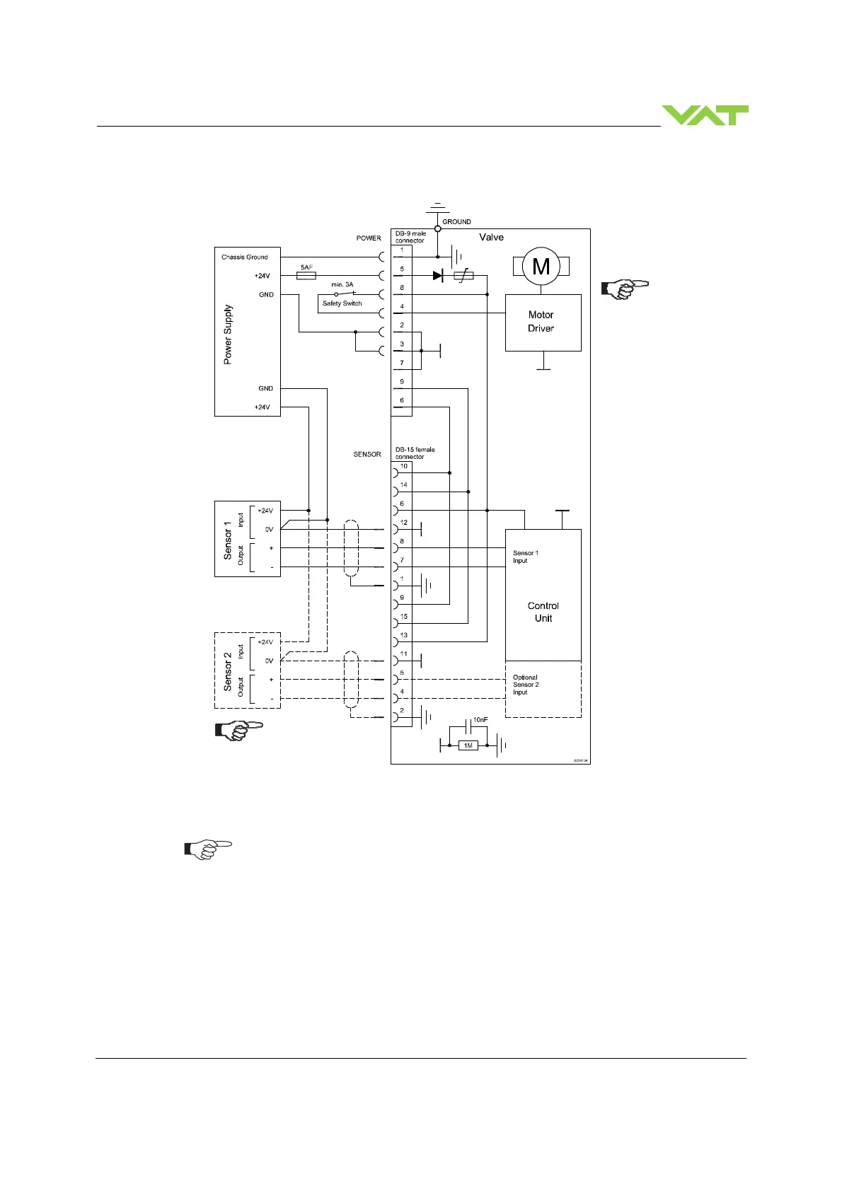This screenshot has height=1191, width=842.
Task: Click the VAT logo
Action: pyautogui.click(x=705, y=115)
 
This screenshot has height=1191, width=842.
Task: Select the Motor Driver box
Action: pyautogui.click(x=543, y=323)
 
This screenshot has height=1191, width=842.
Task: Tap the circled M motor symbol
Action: pyautogui.click(x=541, y=267)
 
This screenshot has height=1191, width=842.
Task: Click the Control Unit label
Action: pyautogui.click(x=543, y=612)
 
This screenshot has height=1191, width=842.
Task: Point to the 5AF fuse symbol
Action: pyautogui.click(x=306, y=276)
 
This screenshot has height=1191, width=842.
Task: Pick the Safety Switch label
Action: pyautogui.click(x=342, y=303)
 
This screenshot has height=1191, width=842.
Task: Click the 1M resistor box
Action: pyautogui.click(x=468, y=745)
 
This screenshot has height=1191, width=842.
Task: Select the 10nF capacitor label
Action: pyautogui.click(x=480, y=720)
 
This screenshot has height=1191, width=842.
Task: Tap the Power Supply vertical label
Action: pyautogui.click(x=228, y=335)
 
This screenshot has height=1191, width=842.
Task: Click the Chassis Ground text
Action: pyautogui.click(x=244, y=257)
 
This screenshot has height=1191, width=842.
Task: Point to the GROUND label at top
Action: pyautogui.click(x=456, y=222)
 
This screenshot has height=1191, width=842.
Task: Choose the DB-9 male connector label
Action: pyautogui.click(x=410, y=237)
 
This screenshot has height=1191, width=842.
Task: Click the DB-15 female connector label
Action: pyautogui.click(x=415, y=453)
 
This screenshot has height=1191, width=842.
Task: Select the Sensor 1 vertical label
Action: pyautogui.click(x=228, y=540)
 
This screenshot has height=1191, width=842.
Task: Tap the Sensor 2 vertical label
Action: pyautogui.click(x=228, y=672)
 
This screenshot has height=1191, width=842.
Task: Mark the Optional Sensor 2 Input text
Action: pyautogui.click(x=526, y=685)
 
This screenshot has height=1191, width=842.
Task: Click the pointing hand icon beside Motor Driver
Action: pyautogui.click(x=624, y=289)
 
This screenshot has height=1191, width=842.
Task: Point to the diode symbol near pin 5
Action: pyautogui.click(x=437, y=276)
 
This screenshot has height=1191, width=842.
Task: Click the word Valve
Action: pyautogui.click(x=491, y=238)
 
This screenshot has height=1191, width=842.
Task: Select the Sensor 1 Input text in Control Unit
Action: pyautogui.click(x=525, y=557)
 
